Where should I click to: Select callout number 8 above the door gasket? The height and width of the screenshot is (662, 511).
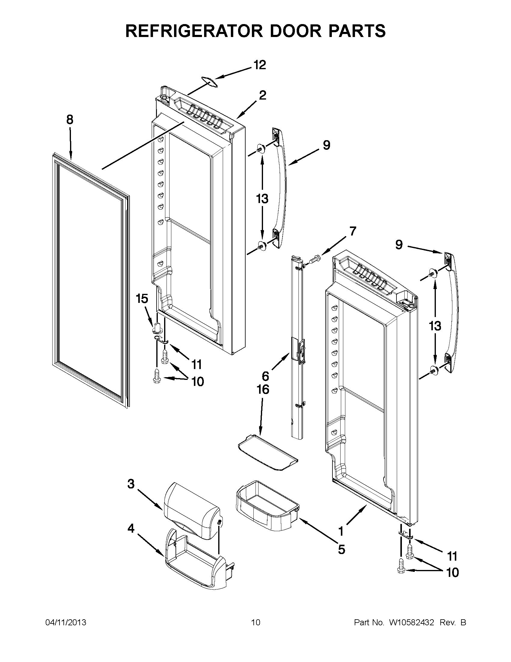coord(70,120)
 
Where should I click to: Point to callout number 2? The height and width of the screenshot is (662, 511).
coord(262,95)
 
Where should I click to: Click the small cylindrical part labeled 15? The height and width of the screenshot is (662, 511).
coord(157,327)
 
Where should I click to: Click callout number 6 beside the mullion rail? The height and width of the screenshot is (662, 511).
coord(265,376)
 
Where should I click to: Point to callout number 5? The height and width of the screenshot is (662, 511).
coord(341,549)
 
